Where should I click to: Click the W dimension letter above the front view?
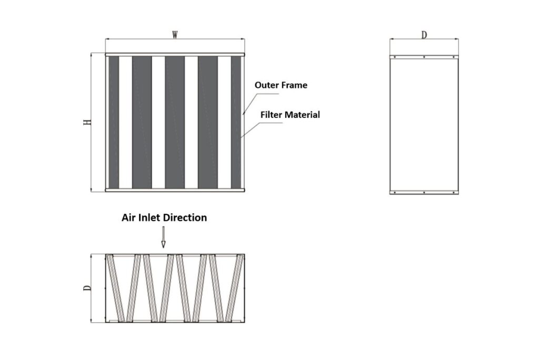(175, 35)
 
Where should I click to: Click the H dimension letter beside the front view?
(87, 122)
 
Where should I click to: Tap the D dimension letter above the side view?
(424, 35)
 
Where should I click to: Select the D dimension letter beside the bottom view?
(87, 288)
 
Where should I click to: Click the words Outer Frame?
(281, 85)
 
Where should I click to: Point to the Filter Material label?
(290, 115)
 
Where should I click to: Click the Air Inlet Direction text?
(164, 218)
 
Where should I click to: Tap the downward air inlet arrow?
(163, 237)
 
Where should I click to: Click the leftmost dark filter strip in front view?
(114, 122)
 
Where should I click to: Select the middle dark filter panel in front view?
(175, 122)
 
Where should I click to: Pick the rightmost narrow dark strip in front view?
(236, 122)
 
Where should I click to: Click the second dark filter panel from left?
(142, 122)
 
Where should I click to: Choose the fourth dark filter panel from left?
(207, 122)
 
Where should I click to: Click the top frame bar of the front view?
(175, 55)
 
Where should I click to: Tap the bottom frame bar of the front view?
(175, 190)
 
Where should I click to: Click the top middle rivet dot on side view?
(424, 57)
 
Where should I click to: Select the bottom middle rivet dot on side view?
(424, 193)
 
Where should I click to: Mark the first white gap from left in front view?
(125, 122)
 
